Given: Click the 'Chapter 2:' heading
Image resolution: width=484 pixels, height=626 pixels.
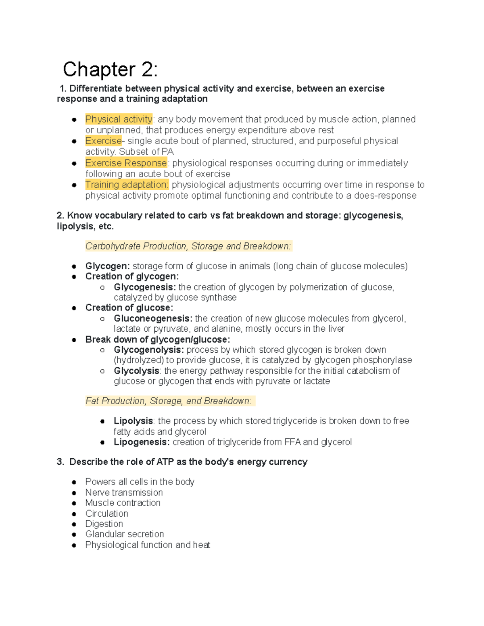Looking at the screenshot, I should (110, 69).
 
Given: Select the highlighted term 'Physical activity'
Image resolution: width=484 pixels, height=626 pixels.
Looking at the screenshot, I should (119, 119).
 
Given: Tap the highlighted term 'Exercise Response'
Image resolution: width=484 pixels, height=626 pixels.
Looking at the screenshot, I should (126, 163).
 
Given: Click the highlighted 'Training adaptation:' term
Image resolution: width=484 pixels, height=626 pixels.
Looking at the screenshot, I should (127, 185).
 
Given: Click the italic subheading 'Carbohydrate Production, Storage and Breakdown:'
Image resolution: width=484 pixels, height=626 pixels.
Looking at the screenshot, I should (188, 246).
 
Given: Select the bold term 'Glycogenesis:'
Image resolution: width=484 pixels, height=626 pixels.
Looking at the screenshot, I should (144, 287).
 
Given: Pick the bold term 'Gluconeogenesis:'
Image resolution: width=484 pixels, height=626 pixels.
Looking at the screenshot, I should (153, 318).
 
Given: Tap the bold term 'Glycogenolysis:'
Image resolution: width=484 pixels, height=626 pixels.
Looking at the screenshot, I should (148, 349).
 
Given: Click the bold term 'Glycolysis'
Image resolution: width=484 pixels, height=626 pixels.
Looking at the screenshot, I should (136, 371).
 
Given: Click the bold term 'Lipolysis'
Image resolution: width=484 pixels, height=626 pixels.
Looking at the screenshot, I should (133, 421).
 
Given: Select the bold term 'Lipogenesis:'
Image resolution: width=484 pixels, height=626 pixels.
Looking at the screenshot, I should (142, 442).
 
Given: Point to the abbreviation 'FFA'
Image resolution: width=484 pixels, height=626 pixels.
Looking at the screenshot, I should (292, 442).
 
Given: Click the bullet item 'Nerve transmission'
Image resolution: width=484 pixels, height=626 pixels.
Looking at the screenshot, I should (124, 493).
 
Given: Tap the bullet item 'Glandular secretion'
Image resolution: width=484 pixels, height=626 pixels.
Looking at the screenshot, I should (124, 534).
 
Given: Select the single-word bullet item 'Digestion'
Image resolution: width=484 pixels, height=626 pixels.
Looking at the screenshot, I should (104, 524).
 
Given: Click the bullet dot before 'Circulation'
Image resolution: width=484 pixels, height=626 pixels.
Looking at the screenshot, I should (74, 514).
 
